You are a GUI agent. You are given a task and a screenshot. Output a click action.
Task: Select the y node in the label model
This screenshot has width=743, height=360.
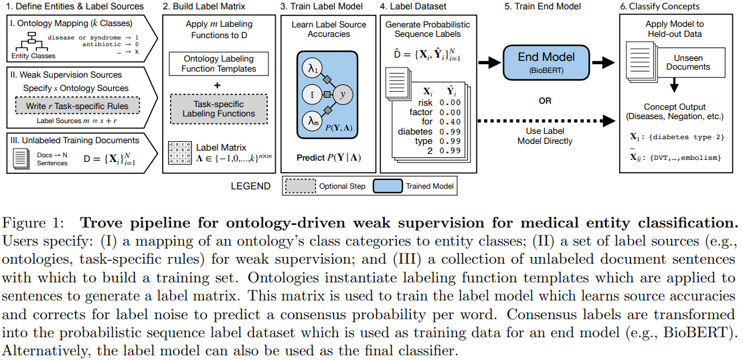click(343, 94)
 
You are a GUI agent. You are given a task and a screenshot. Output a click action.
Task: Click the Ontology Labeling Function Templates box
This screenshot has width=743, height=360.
click(219, 64)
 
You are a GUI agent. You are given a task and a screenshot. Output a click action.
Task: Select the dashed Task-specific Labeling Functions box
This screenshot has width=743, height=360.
click(219, 109)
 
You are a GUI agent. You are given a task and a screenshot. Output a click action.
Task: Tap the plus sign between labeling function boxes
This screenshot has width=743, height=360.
click(219, 86)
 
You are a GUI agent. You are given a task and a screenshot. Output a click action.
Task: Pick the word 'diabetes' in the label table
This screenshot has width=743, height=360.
click(414, 131)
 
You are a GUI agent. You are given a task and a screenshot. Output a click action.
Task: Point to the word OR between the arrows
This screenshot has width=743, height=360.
click(545, 101)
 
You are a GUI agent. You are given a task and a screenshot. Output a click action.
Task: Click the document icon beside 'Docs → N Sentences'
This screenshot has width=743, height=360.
click(21, 159)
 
